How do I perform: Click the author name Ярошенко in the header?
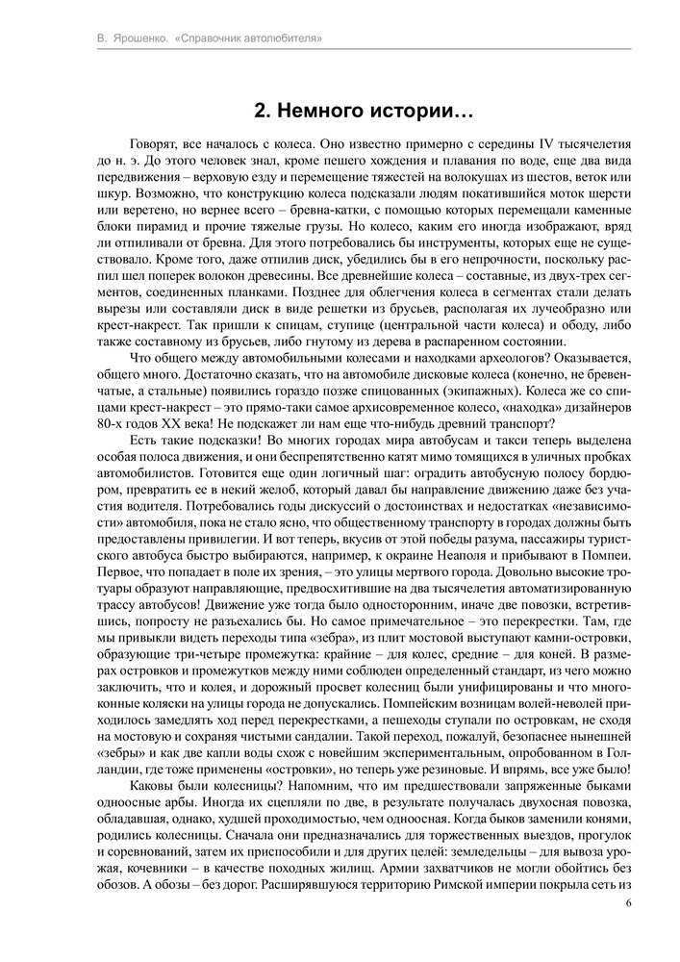[x=142, y=38]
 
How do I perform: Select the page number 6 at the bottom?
[x=628, y=902]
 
